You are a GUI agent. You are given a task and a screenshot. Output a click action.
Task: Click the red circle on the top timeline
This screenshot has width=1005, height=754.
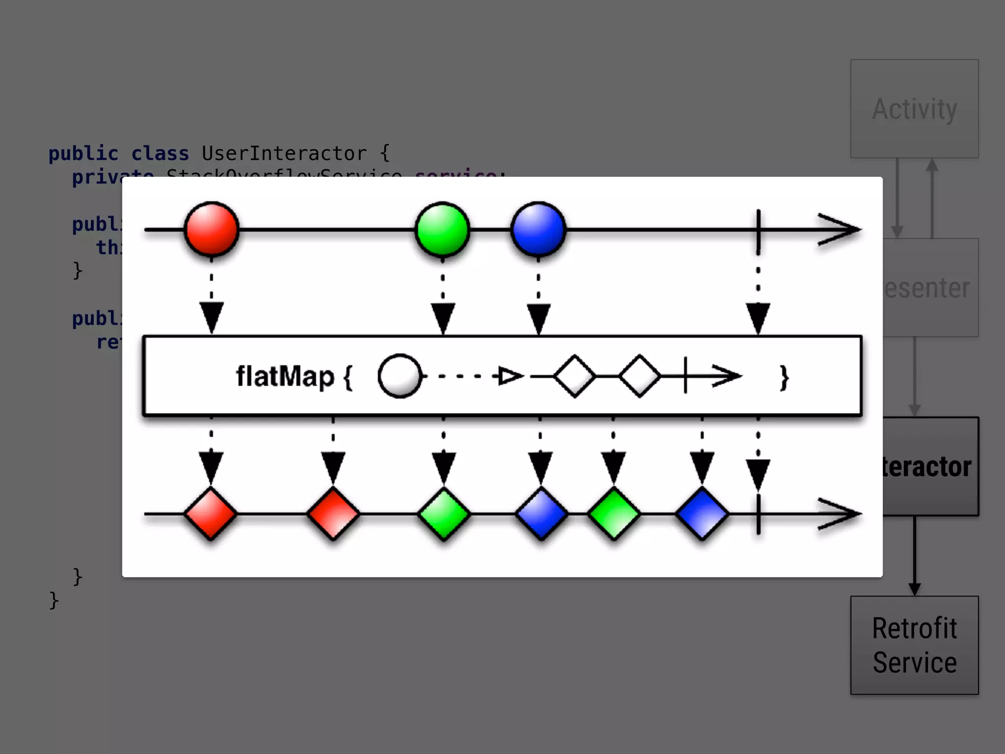pyautogui.click(x=212, y=229)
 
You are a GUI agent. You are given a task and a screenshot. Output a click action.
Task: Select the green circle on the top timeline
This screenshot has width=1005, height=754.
pyautogui.click(x=442, y=229)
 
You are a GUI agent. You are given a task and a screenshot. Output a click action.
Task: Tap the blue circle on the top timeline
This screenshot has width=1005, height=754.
pyautogui.click(x=538, y=229)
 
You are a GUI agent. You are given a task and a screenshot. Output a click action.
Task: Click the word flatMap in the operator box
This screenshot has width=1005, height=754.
pyautogui.click(x=285, y=377)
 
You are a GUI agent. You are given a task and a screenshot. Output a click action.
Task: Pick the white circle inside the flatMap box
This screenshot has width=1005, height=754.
pyautogui.click(x=400, y=376)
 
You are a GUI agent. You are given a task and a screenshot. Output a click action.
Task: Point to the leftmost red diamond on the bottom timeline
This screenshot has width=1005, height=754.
pyautogui.click(x=211, y=513)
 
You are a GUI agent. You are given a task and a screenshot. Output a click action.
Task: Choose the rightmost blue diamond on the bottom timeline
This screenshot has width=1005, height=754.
pyautogui.click(x=702, y=513)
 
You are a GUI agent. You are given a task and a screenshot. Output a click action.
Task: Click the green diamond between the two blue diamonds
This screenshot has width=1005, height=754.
pyautogui.click(x=613, y=513)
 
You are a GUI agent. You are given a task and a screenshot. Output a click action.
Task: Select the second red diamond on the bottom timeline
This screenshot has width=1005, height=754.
pyautogui.click(x=333, y=513)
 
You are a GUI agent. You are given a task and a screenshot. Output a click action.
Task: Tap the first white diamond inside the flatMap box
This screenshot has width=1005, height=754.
pyautogui.click(x=575, y=376)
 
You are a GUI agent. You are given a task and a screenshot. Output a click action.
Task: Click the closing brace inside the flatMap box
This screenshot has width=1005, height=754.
pyautogui.click(x=784, y=377)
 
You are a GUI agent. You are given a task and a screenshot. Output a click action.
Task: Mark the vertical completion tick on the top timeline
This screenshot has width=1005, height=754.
pyautogui.click(x=758, y=229)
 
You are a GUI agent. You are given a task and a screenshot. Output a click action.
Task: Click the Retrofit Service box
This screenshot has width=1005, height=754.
pyautogui.click(x=914, y=645)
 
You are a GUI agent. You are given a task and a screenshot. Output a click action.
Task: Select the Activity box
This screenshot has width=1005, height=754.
pyautogui.click(x=914, y=108)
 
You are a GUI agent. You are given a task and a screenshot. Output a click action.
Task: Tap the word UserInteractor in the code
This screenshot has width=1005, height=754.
pyautogui.click(x=284, y=154)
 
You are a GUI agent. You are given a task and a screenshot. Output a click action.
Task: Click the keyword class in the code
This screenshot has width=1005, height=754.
pyautogui.click(x=160, y=154)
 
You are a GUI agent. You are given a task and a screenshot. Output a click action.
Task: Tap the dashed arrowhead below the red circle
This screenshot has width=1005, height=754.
pyautogui.click(x=212, y=317)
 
